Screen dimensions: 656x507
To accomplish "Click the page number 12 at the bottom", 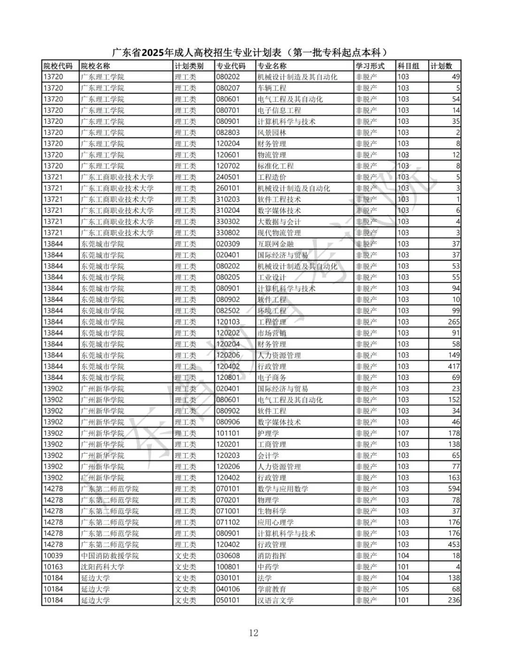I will [x=253, y=633].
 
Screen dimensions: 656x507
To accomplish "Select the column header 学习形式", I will [x=370, y=66].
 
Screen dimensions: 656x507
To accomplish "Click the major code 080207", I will [x=228, y=88].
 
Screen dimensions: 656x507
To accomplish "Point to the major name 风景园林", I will [x=272, y=132].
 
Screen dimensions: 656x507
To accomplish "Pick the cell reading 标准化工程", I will [x=276, y=166].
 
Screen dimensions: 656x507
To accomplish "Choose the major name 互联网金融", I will [x=276, y=244].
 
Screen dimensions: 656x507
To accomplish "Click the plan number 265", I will [x=453, y=322].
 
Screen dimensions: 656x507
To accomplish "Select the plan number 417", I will [x=453, y=366].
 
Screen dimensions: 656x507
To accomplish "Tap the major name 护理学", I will [x=268, y=433].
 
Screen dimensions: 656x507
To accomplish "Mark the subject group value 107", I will [x=403, y=433].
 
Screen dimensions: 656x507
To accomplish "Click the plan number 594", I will [x=453, y=489].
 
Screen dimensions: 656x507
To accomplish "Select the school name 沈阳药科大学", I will [x=103, y=567].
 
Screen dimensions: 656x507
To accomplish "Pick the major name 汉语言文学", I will [x=276, y=600].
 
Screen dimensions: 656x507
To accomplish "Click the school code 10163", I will [x=53, y=567].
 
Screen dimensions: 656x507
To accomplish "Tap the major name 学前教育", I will [x=272, y=589].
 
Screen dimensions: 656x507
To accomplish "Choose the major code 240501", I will [x=228, y=177].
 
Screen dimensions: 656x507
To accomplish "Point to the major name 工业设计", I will [x=272, y=277].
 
